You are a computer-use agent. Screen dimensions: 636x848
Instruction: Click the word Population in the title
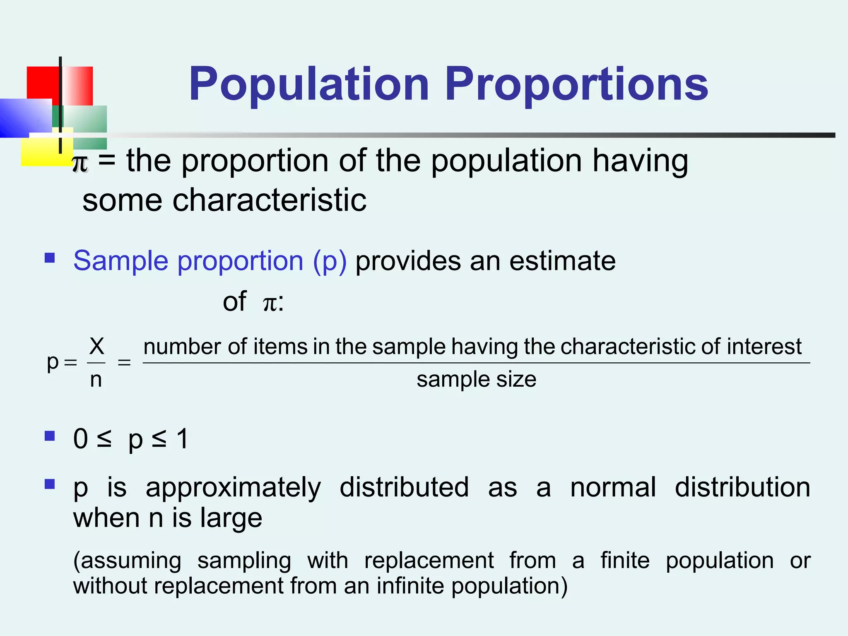pyautogui.click(x=308, y=85)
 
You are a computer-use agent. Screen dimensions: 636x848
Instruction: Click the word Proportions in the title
pyautogui.click(x=576, y=85)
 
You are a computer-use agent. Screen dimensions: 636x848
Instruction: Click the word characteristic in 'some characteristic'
pyautogui.click(x=269, y=200)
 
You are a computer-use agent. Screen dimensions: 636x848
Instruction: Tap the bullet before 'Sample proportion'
pyautogui.click(x=50, y=258)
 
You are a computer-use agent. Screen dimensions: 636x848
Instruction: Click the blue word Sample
pyautogui.click(x=120, y=261)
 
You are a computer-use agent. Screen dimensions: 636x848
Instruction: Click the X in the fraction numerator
pyautogui.click(x=96, y=346)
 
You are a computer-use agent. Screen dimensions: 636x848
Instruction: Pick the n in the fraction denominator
pyautogui.click(x=96, y=379)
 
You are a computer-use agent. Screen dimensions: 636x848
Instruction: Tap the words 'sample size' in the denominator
pyautogui.click(x=476, y=379)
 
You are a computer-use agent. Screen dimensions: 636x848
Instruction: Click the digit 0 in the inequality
pyautogui.click(x=81, y=439)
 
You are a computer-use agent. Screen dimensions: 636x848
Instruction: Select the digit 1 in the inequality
pyautogui.click(x=182, y=439)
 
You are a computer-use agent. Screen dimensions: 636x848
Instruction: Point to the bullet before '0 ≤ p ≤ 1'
pyautogui.click(x=50, y=436)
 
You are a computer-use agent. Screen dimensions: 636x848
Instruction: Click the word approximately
pyautogui.click(x=233, y=488)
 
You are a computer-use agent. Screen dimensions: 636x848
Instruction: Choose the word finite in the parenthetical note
pyautogui.click(x=625, y=561)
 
